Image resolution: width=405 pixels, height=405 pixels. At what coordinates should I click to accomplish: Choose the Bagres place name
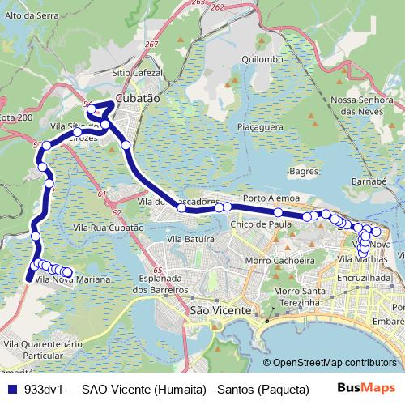(x=303, y=172)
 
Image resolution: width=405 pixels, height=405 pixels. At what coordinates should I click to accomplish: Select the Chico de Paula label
(x=261, y=224)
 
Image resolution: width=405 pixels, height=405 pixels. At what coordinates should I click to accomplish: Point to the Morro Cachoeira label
(x=279, y=261)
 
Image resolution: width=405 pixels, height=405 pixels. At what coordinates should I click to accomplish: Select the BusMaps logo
(x=367, y=388)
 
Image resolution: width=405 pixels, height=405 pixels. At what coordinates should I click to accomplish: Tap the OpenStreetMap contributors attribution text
(x=334, y=363)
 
